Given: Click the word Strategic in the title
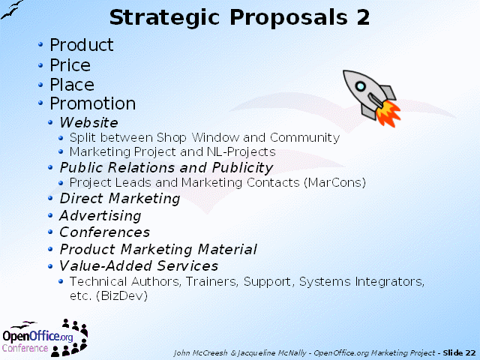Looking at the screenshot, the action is point(164,18).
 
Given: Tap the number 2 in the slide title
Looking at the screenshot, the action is point(363,16).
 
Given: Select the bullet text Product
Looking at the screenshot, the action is point(82,45).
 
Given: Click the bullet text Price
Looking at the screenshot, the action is point(70,65).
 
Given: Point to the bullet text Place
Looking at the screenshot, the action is point(72,85).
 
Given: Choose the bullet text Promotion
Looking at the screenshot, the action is point(93,103).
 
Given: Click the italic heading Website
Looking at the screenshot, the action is point(88,122).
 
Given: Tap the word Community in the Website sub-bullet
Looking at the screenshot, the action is point(305,138).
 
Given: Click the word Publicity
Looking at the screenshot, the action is point(242,168).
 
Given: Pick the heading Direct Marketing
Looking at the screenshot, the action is point(120,198).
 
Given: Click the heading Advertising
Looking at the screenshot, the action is point(100,216).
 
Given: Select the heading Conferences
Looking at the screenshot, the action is point(105,232).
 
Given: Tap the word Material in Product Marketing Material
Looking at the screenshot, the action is point(227,249).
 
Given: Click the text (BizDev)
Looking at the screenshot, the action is point(121,295).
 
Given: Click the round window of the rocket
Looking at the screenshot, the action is point(361,86).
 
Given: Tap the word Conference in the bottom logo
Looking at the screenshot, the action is point(25,348).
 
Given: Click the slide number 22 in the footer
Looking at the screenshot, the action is point(471,353).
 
